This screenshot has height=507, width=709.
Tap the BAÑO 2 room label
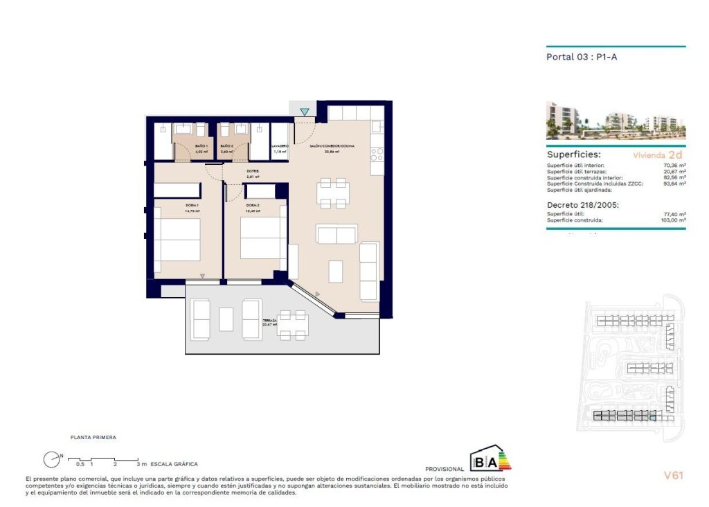226,146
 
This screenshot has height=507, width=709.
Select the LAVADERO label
280,146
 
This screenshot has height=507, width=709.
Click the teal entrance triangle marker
305,112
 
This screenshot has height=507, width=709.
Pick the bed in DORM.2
263,238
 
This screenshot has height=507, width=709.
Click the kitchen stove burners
377,152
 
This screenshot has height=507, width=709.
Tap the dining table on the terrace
293,324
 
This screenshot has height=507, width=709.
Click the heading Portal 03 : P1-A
581,57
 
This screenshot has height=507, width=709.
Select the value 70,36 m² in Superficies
674,166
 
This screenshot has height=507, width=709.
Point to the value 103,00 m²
672,220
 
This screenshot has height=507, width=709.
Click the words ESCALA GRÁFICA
174,463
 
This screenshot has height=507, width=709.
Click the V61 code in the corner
673,475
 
